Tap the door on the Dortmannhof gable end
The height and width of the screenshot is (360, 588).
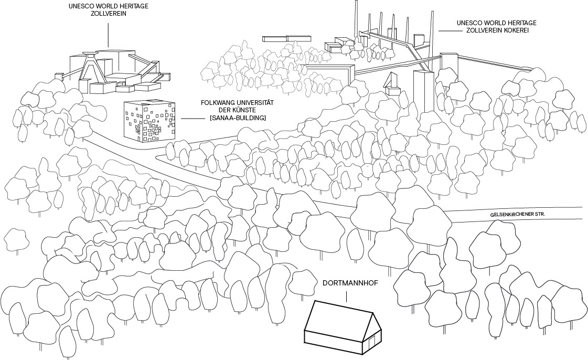[372, 342]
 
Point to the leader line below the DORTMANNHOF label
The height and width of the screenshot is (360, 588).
[346, 297]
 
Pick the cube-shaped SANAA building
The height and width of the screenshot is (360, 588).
[148, 121]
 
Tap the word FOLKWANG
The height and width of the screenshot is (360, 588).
[217, 103]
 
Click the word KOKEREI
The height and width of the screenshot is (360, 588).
[516, 31]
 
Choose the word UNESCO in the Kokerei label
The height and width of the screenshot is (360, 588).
[469, 24]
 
